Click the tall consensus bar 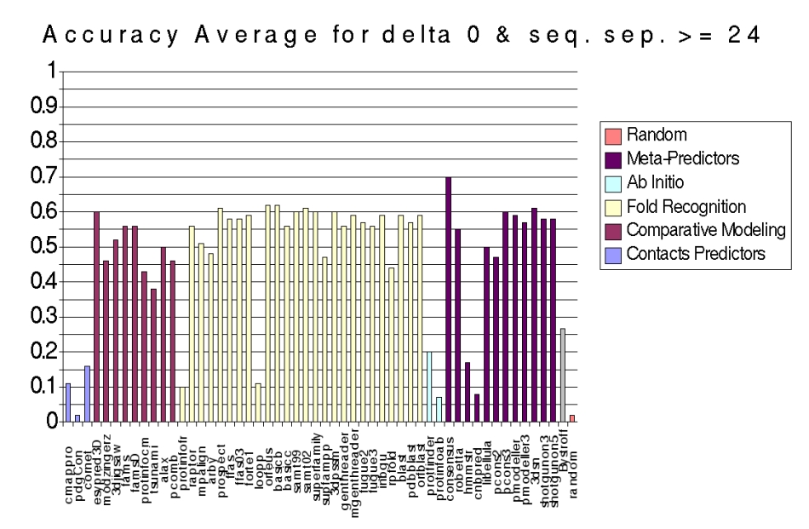pyautogui.click(x=448, y=299)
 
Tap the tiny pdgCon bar pyautogui.click(x=77, y=417)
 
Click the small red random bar pyautogui.click(x=572, y=418)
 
